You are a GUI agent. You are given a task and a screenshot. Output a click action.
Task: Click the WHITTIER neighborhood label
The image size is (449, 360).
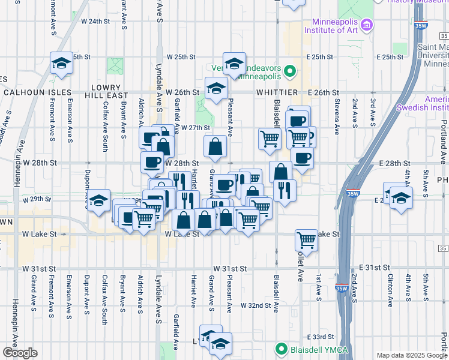(277, 92)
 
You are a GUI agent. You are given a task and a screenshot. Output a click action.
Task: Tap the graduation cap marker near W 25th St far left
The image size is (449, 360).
(61, 63)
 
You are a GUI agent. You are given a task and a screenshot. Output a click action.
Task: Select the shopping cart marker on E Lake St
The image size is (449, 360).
(307, 240)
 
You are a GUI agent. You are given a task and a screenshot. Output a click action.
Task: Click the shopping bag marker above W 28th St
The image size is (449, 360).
(215, 145)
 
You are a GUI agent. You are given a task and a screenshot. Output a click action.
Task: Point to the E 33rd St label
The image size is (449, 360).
(320, 337)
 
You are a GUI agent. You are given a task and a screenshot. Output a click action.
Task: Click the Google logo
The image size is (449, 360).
(19, 353)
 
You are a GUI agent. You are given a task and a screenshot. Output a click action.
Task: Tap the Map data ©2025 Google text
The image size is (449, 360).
(411, 355)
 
